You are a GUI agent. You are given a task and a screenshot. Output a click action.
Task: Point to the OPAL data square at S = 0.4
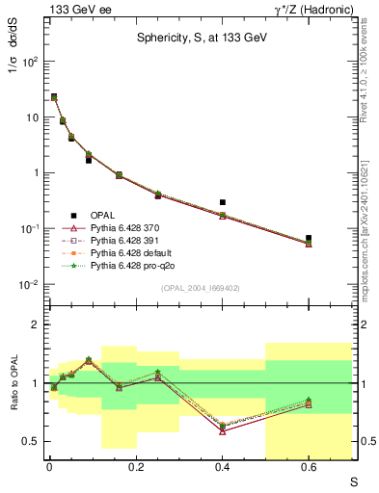[223, 203]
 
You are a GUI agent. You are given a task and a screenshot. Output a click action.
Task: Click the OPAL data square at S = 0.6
[309, 238]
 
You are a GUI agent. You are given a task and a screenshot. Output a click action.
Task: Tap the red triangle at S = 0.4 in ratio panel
[223, 431]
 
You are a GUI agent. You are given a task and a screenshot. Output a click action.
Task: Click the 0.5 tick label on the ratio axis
[31, 442]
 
